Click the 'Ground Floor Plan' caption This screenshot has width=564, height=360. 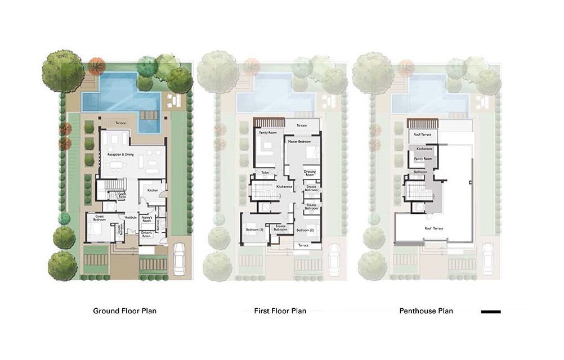click(124, 310)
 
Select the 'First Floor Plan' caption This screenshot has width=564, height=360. click(276, 310)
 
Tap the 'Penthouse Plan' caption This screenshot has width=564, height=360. click(426, 310)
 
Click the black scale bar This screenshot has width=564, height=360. click(491, 311)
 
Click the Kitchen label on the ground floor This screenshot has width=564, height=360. click(153, 191)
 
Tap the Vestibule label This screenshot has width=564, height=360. click(131, 217)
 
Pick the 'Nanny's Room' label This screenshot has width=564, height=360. click(147, 219)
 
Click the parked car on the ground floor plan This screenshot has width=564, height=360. click(180, 258)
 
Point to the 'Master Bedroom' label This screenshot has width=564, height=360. click(299, 142)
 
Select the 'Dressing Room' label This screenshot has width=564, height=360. click(310, 173)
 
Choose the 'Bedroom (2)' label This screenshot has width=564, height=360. click(305, 231)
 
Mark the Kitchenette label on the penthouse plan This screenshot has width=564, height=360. click(424, 149)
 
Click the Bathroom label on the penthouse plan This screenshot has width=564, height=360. click(420, 172)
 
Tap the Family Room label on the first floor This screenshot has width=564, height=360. click(266, 133)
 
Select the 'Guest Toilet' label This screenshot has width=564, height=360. click(121, 195)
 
